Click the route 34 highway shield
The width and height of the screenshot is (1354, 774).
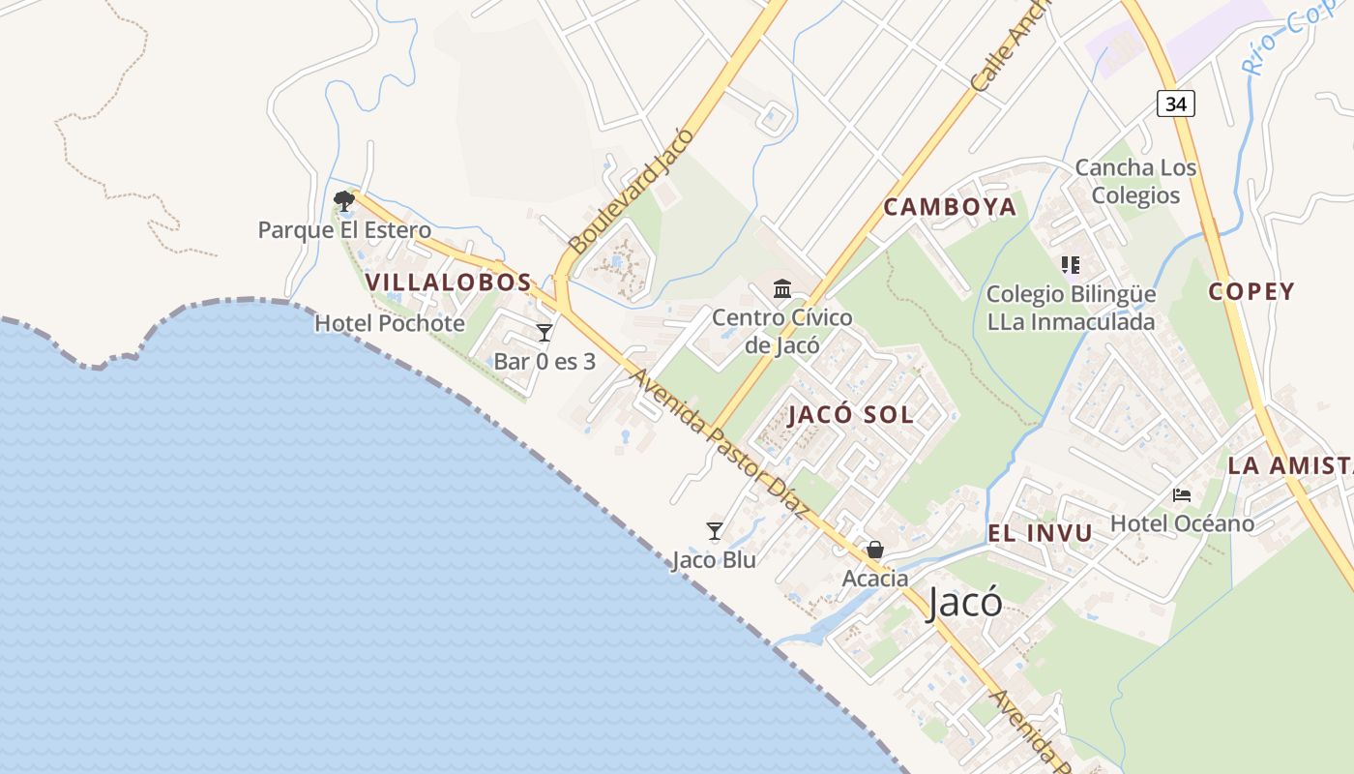click(1176, 104)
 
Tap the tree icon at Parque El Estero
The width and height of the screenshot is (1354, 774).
click(343, 201)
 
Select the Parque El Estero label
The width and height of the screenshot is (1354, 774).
click(344, 230)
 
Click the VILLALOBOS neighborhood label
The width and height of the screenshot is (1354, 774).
click(449, 283)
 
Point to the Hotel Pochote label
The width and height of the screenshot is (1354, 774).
click(390, 323)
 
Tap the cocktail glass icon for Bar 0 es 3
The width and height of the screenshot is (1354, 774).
click(545, 333)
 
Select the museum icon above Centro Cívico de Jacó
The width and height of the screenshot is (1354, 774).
click(782, 288)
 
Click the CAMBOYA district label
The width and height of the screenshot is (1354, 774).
click(950, 206)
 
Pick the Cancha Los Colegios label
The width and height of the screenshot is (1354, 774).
click(1135, 181)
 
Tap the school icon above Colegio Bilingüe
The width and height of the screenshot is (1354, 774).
click(1070, 264)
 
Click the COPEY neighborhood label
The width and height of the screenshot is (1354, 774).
click(1251, 291)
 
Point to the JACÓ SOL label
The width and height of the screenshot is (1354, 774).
click(851, 414)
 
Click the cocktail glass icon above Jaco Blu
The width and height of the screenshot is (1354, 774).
click(715, 530)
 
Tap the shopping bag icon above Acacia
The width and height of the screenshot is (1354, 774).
click(875, 551)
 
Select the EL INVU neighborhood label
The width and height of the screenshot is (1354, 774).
click(1040, 532)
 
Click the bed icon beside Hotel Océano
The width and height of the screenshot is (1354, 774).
click(1181, 495)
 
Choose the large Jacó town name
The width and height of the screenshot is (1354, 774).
click(964, 603)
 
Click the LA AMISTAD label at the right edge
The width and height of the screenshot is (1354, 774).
click(1290, 465)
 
